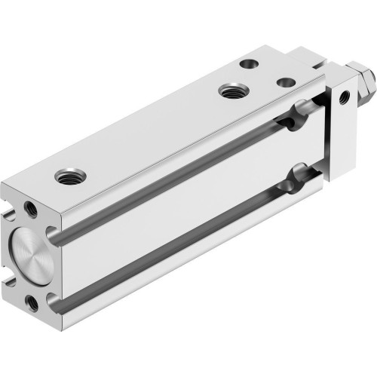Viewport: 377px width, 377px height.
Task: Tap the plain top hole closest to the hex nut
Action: (285, 82)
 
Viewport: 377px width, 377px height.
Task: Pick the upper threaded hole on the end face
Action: (29, 206)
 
